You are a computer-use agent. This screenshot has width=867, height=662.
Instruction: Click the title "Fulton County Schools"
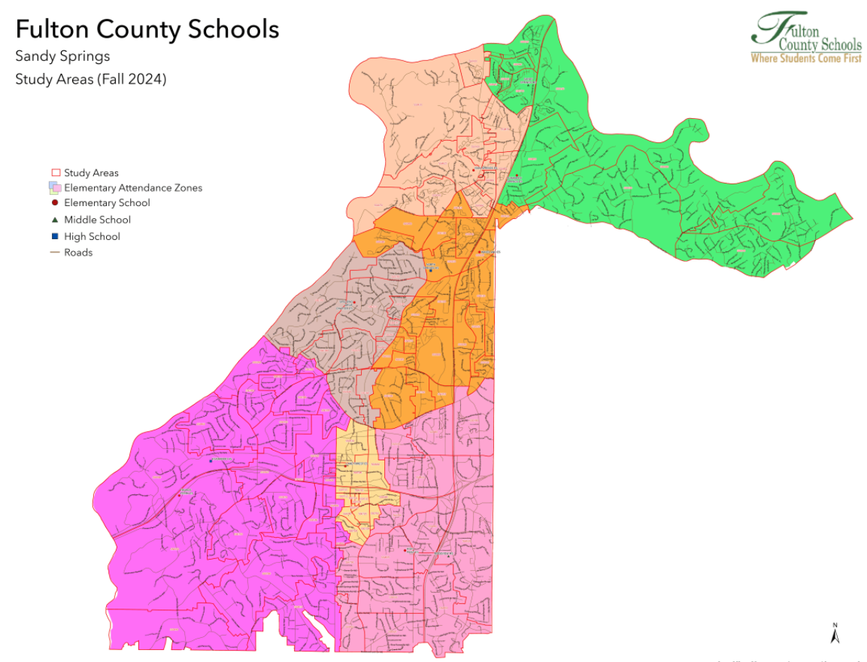tap(147, 30)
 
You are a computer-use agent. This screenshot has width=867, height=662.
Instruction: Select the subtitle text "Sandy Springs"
tap(62, 56)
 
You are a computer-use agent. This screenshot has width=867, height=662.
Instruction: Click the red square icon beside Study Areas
tap(55, 173)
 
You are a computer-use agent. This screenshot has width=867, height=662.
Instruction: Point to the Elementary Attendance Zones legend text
tap(133, 188)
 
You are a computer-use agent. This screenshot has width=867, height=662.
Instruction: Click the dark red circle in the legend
tap(55, 203)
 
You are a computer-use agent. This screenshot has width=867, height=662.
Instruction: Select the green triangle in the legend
tap(55, 220)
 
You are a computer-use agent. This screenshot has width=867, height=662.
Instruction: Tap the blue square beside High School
tap(55, 236)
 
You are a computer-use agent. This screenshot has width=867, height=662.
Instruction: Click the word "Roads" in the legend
tap(78, 253)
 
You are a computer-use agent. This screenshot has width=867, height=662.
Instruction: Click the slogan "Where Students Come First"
tap(805, 58)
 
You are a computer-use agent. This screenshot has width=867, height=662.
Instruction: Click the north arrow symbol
tap(835, 633)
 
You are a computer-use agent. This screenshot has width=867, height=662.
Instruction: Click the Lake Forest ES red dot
tap(345, 466)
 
